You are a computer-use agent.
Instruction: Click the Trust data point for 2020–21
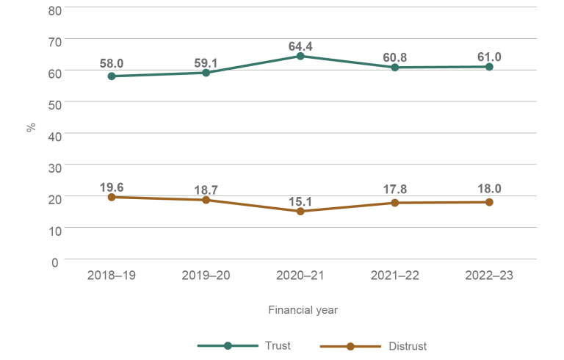[x=300, y=56]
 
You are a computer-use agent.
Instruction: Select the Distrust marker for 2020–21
[x=300, y=212]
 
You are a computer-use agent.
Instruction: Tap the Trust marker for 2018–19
[x=112, y=76]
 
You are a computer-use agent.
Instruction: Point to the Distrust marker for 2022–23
[x=489, y=202]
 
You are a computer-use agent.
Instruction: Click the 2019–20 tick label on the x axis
[x=206, y=276]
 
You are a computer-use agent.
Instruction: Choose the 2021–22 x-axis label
[x=395, y=276]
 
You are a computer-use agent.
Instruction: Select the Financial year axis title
[x=303, y=310]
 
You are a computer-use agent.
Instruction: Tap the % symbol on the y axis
[x=32, y=127]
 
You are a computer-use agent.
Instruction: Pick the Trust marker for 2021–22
[x=395, y=68]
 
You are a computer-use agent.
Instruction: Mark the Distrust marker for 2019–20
[x=206, y=200]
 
